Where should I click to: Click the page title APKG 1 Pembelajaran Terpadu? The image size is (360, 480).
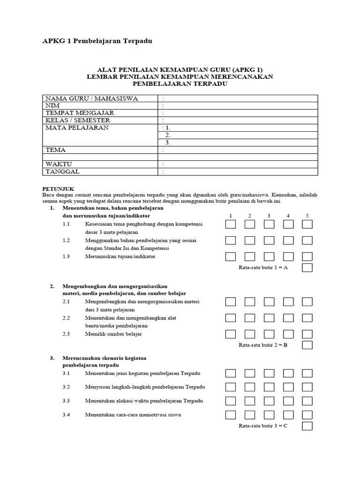pos(97,41)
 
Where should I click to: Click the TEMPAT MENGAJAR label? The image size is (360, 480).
pos(80,113)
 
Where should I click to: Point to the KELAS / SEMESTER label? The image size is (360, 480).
pos(77,120)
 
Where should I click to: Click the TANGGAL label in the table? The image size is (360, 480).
pos(62,172)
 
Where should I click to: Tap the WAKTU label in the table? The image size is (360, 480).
pos(59,165)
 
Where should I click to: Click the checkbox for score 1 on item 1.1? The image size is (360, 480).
pos(230,225)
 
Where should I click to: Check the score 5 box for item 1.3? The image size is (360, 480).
pos(307,256)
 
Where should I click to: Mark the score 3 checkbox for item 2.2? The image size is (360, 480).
pos(269,318)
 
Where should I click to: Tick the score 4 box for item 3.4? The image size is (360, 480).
pos(288,415)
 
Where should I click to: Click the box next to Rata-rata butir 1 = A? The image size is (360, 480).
pos(307,268)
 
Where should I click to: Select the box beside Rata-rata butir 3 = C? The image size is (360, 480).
pos(307,426)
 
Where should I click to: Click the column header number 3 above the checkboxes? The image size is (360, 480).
pos(269,215)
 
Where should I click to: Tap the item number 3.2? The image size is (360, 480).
pos(66,387)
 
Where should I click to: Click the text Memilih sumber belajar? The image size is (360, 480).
pos(113,334)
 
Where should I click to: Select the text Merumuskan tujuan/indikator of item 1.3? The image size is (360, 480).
pos(120,256)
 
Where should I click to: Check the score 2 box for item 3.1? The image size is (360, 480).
pos(249,374)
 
